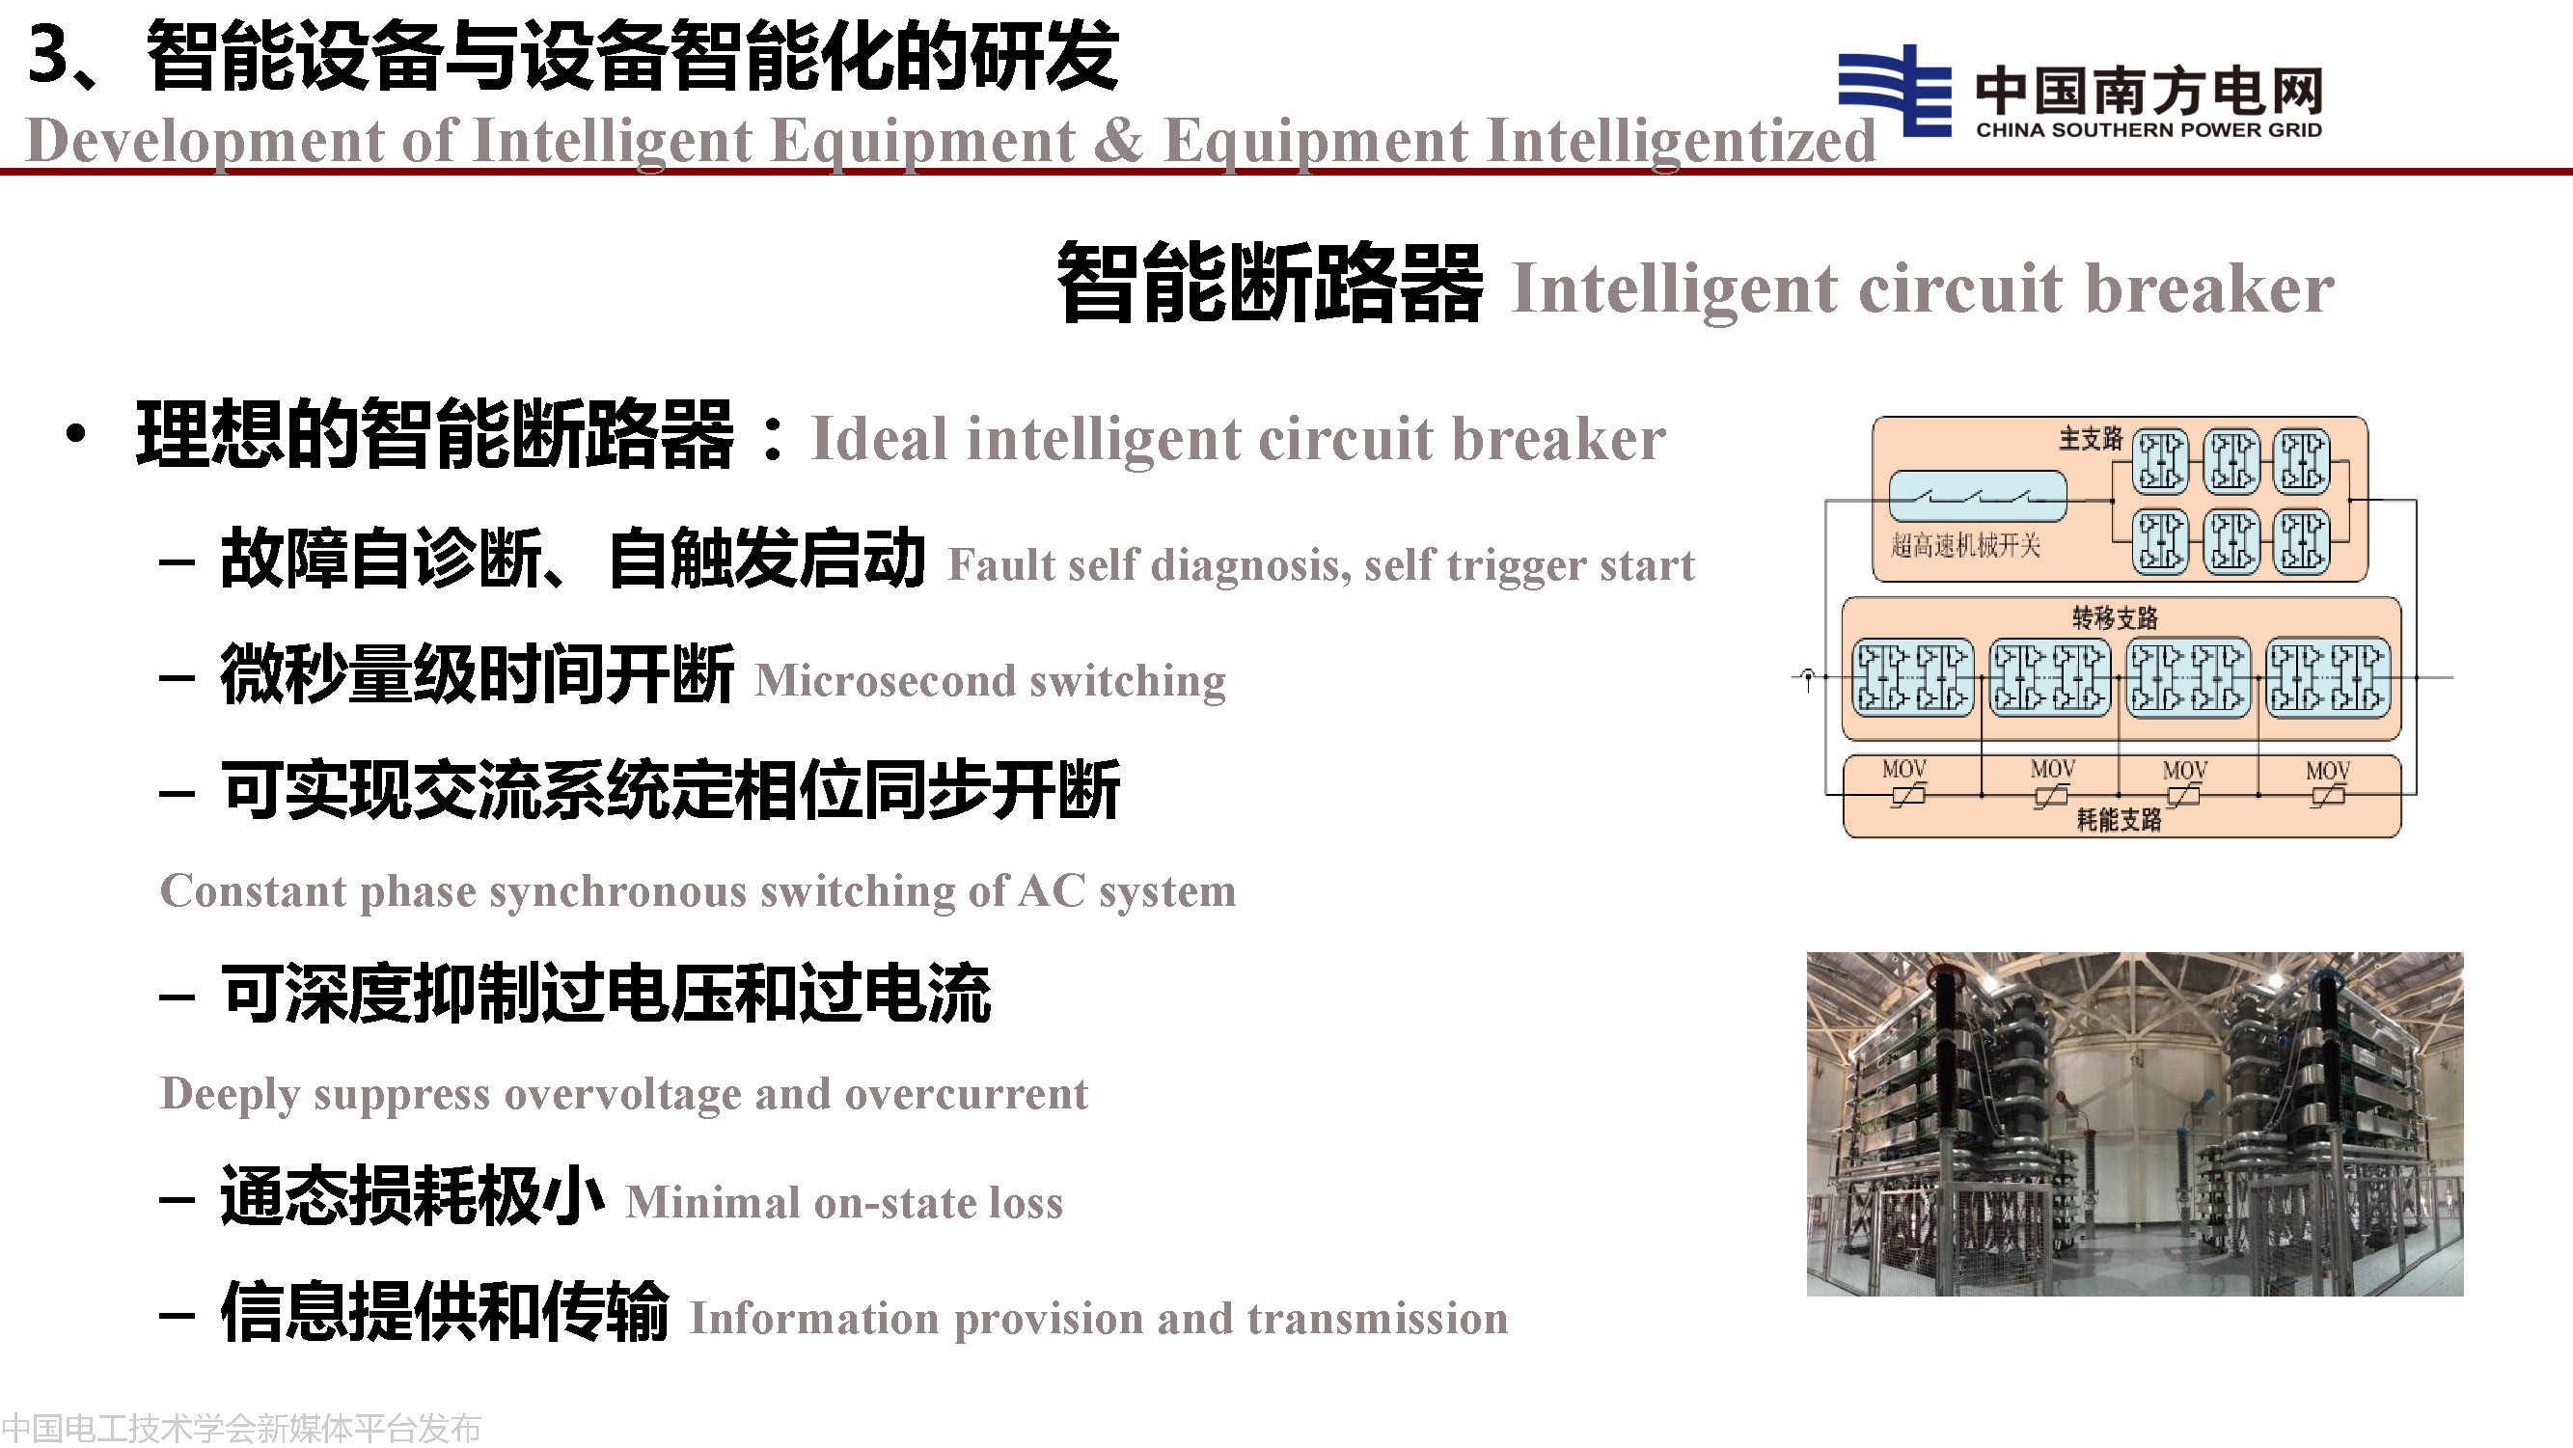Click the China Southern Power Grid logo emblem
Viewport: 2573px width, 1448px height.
(x=1895, y=90)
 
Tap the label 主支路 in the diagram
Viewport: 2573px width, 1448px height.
(x=2091, y=438)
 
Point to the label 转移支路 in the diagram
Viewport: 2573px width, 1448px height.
(x=2115, y=618)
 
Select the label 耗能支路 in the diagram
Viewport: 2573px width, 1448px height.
(x=2119, y=820)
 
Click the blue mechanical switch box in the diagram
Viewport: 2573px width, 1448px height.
(x=1978, y=496)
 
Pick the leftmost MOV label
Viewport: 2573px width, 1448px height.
(x=1903, y=769)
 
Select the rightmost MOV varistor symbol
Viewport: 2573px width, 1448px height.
(x=2327, y=796)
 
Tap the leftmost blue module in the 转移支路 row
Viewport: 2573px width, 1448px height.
(x=1913, y=678)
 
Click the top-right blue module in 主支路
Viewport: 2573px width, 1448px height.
(x=2302, y=462)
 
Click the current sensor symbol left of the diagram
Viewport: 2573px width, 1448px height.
(x=1807, y=678)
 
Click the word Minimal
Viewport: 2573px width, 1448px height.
(x=712, y=1202)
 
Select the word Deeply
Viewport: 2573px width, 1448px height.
(x=230, y=1096)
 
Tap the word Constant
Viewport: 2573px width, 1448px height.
(x=254, y=890)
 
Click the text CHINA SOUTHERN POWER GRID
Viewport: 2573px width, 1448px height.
(x=2149, y=130)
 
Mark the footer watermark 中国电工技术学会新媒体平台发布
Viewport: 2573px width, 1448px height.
(x=242, y=1428)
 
